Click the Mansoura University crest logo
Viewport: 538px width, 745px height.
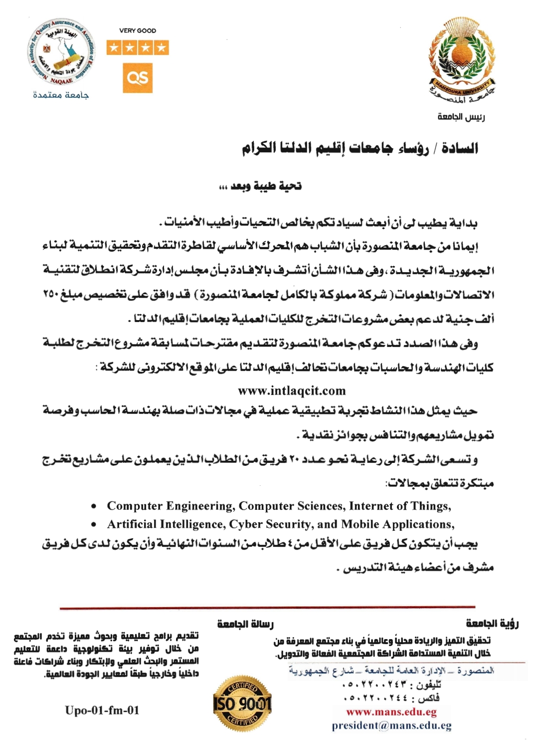click(462, 60)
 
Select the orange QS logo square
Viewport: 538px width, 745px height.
click(137, 78)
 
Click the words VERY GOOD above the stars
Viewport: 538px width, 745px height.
click(138, 30)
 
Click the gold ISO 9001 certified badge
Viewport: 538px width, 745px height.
click(242, 703)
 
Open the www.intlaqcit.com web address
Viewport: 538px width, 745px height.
click(292, 390)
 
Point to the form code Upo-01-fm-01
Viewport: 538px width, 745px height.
click(102, 710)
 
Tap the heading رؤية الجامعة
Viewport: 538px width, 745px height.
click(492, 623)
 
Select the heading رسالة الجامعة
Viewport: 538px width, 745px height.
click(245, 624)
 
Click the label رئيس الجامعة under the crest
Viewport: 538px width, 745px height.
click(461, 117)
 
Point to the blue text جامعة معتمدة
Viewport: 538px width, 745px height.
click(61, 95)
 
